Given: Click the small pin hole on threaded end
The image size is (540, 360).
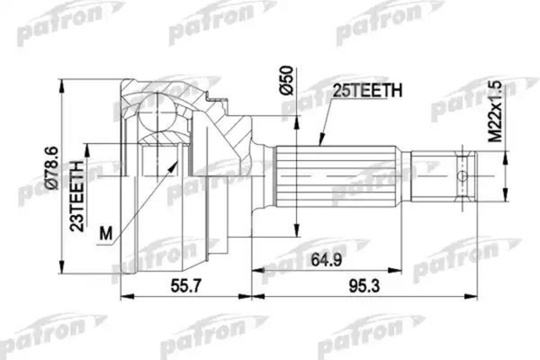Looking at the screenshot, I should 462,175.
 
